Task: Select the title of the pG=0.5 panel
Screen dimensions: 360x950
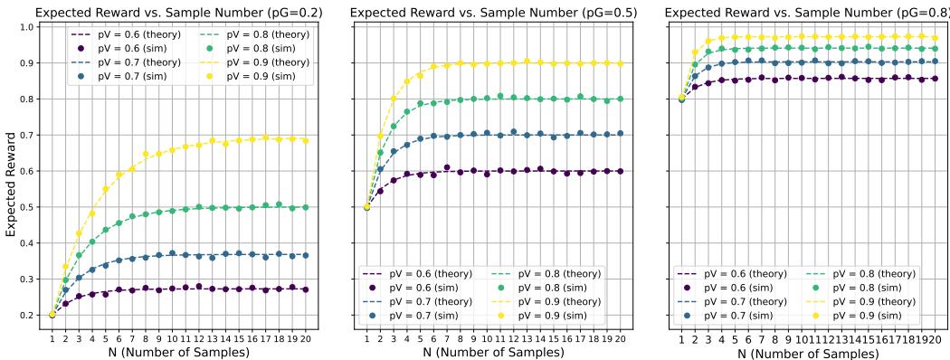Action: point(493,12)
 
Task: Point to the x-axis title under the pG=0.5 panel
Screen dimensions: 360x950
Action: point(493,351)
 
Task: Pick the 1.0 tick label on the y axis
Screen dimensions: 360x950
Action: point(27,27)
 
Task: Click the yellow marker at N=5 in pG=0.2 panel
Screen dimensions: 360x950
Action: point(105,189)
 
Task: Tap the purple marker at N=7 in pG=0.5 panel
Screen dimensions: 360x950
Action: point(446,167)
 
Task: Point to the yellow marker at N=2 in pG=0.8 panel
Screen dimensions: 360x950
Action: point(695,52)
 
